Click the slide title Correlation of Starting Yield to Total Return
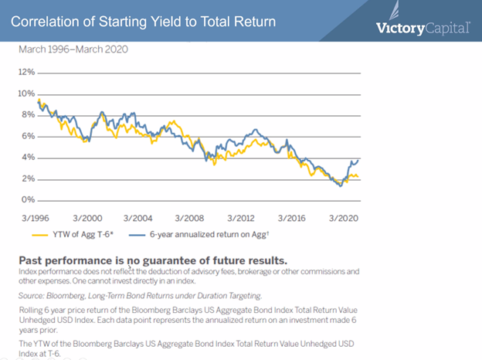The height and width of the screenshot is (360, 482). pos(143,21)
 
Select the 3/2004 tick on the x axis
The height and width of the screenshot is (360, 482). pos(140,218)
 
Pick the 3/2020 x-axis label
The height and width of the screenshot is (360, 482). pos(342,218)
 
